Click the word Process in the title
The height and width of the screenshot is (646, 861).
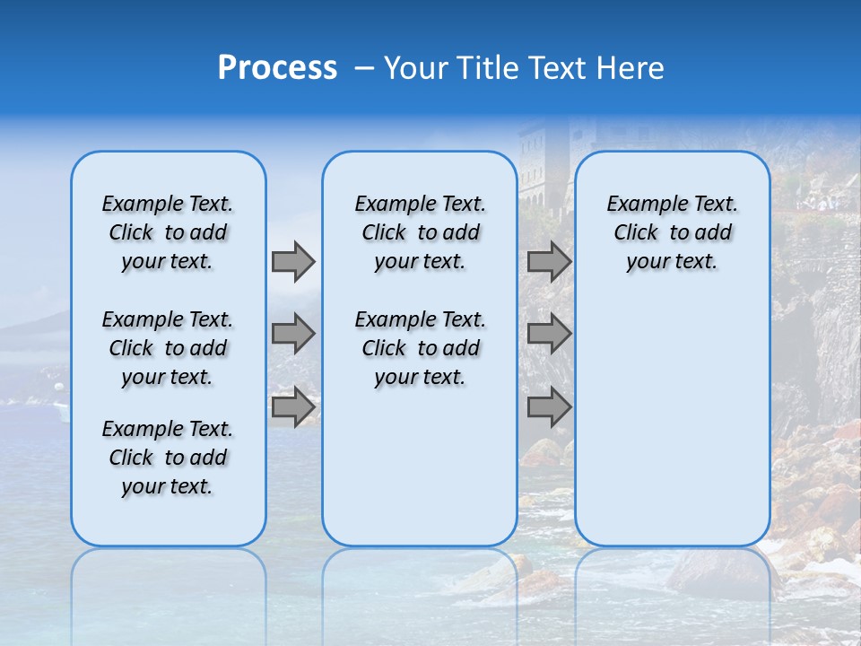(x=277, y=68)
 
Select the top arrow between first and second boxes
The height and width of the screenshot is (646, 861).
(x=293, y=261)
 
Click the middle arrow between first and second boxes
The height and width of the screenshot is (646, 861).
(x=293, y=334)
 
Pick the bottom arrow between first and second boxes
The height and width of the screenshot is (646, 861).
(x=293, y=406)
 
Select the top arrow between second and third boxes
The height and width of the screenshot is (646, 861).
(x=549, y=261)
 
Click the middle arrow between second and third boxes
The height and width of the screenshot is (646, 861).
(x=549, y=334)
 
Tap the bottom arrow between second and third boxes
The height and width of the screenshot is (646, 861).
(x=549, y=406)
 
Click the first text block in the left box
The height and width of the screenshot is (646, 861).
(x=168, y=232)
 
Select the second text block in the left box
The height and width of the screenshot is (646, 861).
(x=168, y=348)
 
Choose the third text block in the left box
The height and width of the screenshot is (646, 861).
(x=168, y=458)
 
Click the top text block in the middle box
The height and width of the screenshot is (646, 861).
(x=420, y=232)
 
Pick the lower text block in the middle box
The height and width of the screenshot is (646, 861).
(x=420, y=348)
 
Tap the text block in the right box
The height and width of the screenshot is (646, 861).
(x=672, y=232)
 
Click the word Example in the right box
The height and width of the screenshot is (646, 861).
(x=638, y=205)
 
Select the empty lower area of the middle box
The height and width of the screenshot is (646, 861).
(x=420, y=467)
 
